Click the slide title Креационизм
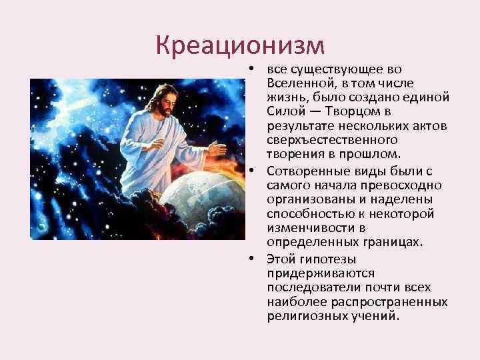(240, 45)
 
